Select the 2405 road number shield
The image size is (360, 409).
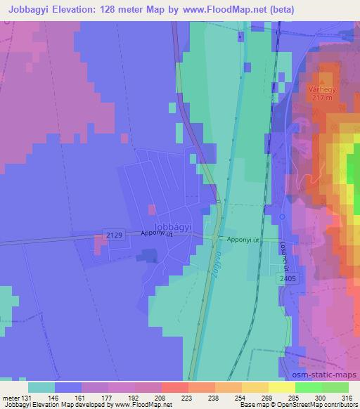click(285, 279)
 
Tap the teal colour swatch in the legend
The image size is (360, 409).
click(42, 387)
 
